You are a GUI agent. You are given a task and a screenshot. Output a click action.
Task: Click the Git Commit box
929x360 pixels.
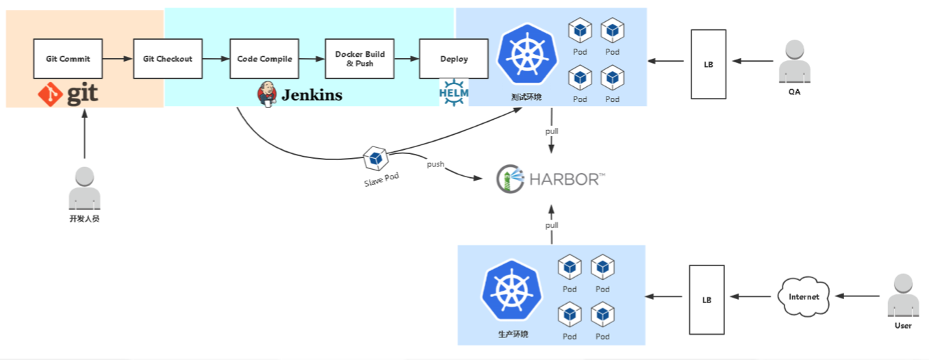tap(68, 59)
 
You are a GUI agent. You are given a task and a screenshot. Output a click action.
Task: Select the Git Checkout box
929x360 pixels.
tap(167, 59)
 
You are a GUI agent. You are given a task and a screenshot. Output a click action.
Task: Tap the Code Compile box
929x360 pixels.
tap(264, 59)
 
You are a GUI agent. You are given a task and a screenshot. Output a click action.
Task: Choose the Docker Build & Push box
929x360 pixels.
tap(359, 59)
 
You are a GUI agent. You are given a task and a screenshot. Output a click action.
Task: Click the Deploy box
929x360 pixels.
tap(454, 59)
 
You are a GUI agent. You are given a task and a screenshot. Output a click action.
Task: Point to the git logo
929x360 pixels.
tap(68, 94)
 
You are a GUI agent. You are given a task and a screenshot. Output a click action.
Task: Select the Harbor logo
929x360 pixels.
tap(550, 179)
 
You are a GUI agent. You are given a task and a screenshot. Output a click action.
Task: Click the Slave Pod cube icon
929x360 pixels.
tap(375, 159)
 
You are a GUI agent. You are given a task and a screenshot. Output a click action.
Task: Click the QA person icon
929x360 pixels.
tap(794, 62)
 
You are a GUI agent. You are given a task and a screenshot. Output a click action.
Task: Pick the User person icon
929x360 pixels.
tap(903, 296)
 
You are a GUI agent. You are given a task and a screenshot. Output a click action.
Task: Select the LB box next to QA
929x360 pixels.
tap(708, 64)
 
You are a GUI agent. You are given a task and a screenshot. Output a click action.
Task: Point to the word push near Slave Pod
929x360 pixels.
tap(435, 164)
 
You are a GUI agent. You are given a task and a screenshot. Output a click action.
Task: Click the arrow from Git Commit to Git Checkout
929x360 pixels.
tap(117, 59)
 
